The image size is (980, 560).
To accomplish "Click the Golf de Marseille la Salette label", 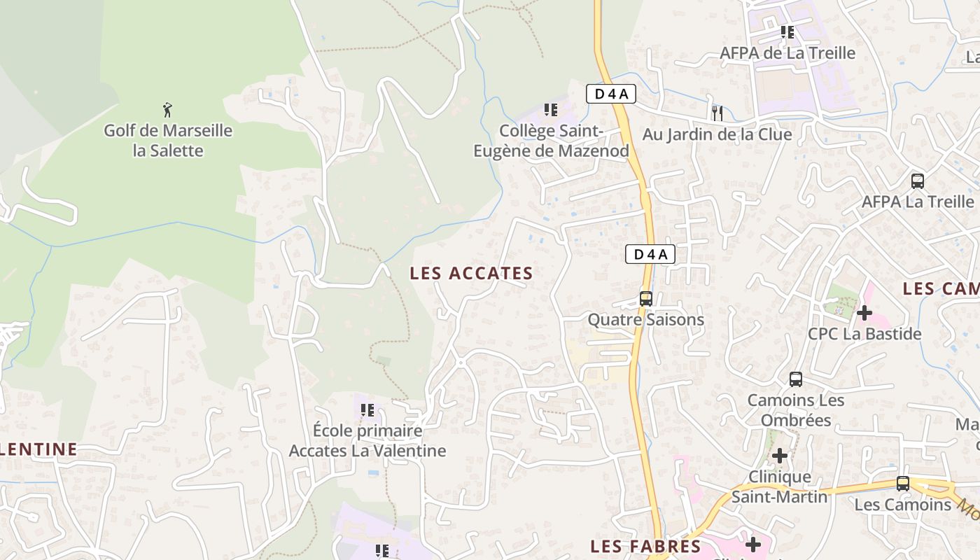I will pos(168,140).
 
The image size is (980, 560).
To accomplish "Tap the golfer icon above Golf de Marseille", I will pos(167,110).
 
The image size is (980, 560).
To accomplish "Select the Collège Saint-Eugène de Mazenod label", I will pos(552,141).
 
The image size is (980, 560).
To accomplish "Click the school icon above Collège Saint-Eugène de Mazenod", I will pos(551,110).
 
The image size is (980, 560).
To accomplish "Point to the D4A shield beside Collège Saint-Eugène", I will pos(610,94).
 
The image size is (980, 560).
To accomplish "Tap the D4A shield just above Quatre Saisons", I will pos(650,254).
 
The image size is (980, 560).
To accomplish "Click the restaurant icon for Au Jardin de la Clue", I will pos(717,113).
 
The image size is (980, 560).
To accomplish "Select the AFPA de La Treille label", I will pos(787,53).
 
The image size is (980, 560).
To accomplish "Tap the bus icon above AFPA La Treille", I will pos(918,181).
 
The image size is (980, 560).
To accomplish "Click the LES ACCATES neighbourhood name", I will pos(472,273).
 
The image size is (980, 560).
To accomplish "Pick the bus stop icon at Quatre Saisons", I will pos(646,299).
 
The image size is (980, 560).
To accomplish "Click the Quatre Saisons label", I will pos(645,320).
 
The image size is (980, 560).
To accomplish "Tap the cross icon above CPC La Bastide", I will pos(864,313).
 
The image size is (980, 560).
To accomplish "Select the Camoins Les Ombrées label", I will pos(796,410).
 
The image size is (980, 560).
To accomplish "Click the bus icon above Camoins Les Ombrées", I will pos(796,379).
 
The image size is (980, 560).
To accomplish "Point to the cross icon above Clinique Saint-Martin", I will pos(779,456).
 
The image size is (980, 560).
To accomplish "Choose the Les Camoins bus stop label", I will pos(903,504).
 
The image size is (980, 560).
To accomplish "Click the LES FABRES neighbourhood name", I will pos(645,546).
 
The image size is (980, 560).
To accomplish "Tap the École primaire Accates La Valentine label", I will pos(367,440).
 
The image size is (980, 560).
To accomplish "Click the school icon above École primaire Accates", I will pos(367,410).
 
